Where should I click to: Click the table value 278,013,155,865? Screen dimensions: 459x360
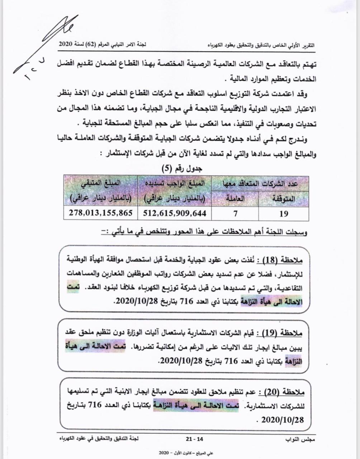point(99,213)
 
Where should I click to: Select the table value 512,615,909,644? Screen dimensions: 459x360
point(175,213)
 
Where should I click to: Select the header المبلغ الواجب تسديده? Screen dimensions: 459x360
point(175,183)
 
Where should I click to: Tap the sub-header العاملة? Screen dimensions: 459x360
point(236,198)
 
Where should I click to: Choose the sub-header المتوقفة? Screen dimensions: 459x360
point(284,198)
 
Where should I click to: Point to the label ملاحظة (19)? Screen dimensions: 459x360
point(283,333)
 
